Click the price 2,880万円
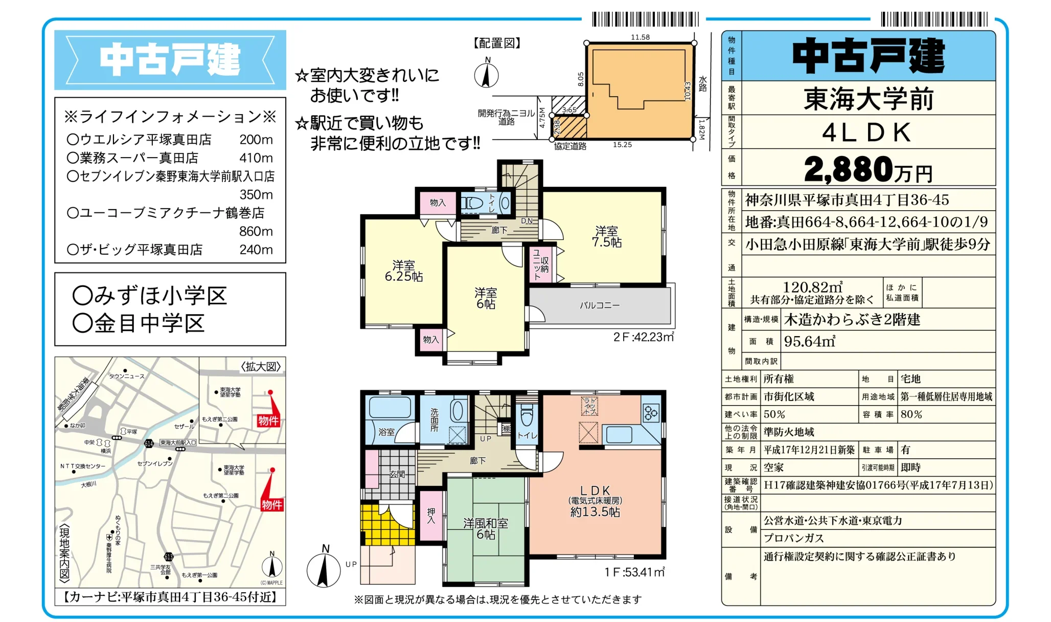868,169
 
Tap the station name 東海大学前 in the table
868,99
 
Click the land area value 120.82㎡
812,287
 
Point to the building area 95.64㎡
809,341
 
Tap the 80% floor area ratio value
911,414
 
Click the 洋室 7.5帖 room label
606,237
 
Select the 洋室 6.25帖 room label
403,271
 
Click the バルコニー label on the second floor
599,305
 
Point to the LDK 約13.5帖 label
595,501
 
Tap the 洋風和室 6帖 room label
486,529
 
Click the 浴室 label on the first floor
386,432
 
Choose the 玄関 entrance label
397,474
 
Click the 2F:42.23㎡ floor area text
643,337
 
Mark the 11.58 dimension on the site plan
640,37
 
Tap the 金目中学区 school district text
139,323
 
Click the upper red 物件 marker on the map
268,420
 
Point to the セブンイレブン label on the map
155,463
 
